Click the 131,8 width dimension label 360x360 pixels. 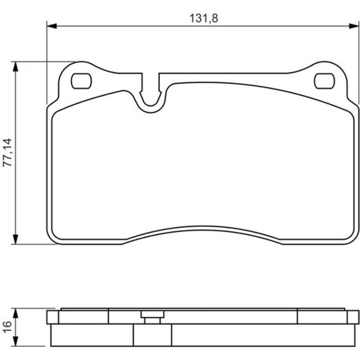[204, 18]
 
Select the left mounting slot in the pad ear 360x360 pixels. [81, 81]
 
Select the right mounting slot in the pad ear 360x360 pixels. [324, 81]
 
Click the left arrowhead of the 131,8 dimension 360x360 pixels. [51, 26]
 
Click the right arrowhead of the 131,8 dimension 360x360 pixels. [354, 26]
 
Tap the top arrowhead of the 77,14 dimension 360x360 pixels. [15, 67]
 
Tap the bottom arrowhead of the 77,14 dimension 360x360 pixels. [15, 239]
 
